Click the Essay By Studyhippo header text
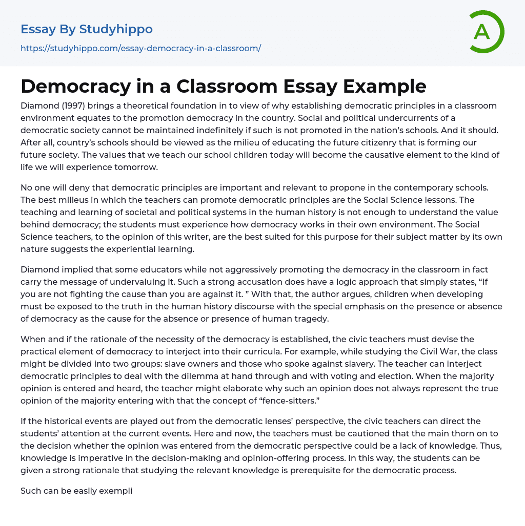[x=87, y=29]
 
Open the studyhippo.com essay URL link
[x=140, y=48]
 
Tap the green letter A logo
[x=482, y=32]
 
